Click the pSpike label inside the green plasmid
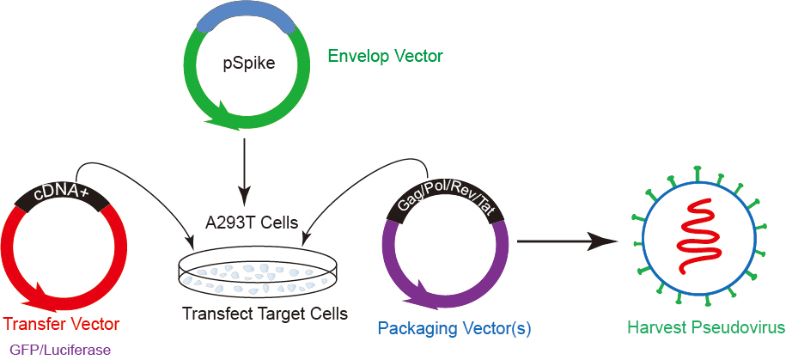point(247,63)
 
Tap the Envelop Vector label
point(385,57)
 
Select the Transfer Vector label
point(61,324)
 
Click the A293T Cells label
point(251,223)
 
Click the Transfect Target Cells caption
point(265,314)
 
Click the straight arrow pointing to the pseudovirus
point(567,242)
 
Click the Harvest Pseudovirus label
point(706,327)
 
